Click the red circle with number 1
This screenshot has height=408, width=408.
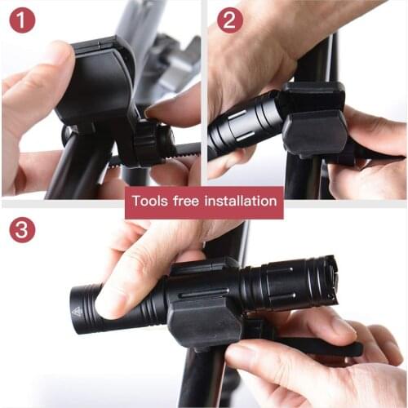(x=22, y=20)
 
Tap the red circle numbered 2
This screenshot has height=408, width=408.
(x=231, y=20)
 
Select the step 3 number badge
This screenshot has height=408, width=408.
(x=22, y=230)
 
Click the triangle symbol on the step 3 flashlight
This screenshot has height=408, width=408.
(x=77, y=311)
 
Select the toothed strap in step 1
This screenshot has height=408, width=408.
(x=184, y=150)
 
